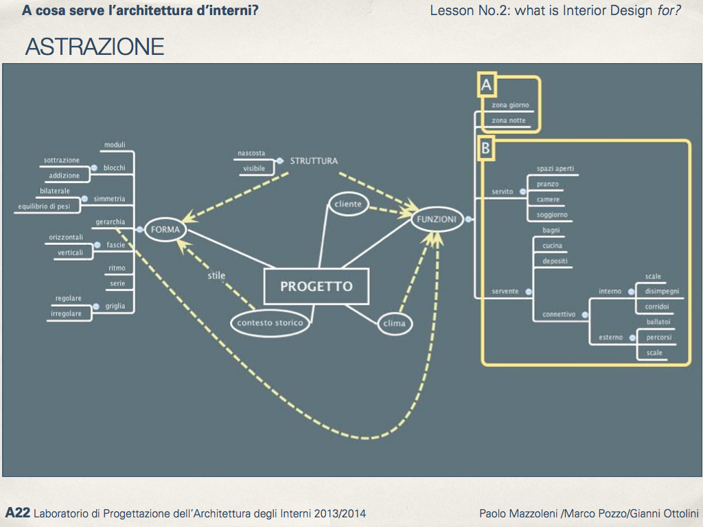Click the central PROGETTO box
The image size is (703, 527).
coord(316,286)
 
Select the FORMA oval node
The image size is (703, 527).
coord(165,230)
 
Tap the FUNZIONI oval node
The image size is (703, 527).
coord(435,220)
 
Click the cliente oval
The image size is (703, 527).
coord(349,204)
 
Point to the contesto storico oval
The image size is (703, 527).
coord(270,323)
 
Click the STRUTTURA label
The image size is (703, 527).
coord(314,161)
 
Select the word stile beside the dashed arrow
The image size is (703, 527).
coord(217,276)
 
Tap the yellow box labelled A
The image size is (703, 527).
coord(487,85)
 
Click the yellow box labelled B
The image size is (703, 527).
coord(486,148)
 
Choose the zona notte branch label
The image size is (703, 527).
coord(509,121)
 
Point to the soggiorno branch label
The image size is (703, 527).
coord(552,215)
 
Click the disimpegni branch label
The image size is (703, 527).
coord(662,292)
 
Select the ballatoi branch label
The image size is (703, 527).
coord(658,321)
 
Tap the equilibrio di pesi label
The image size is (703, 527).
coord(44,206)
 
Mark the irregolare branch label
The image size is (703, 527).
coord(66,314)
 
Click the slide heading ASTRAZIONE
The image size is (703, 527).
coord(94,47)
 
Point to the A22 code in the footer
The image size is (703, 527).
coord(17,513)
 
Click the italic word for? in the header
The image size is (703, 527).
coord(669,11)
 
